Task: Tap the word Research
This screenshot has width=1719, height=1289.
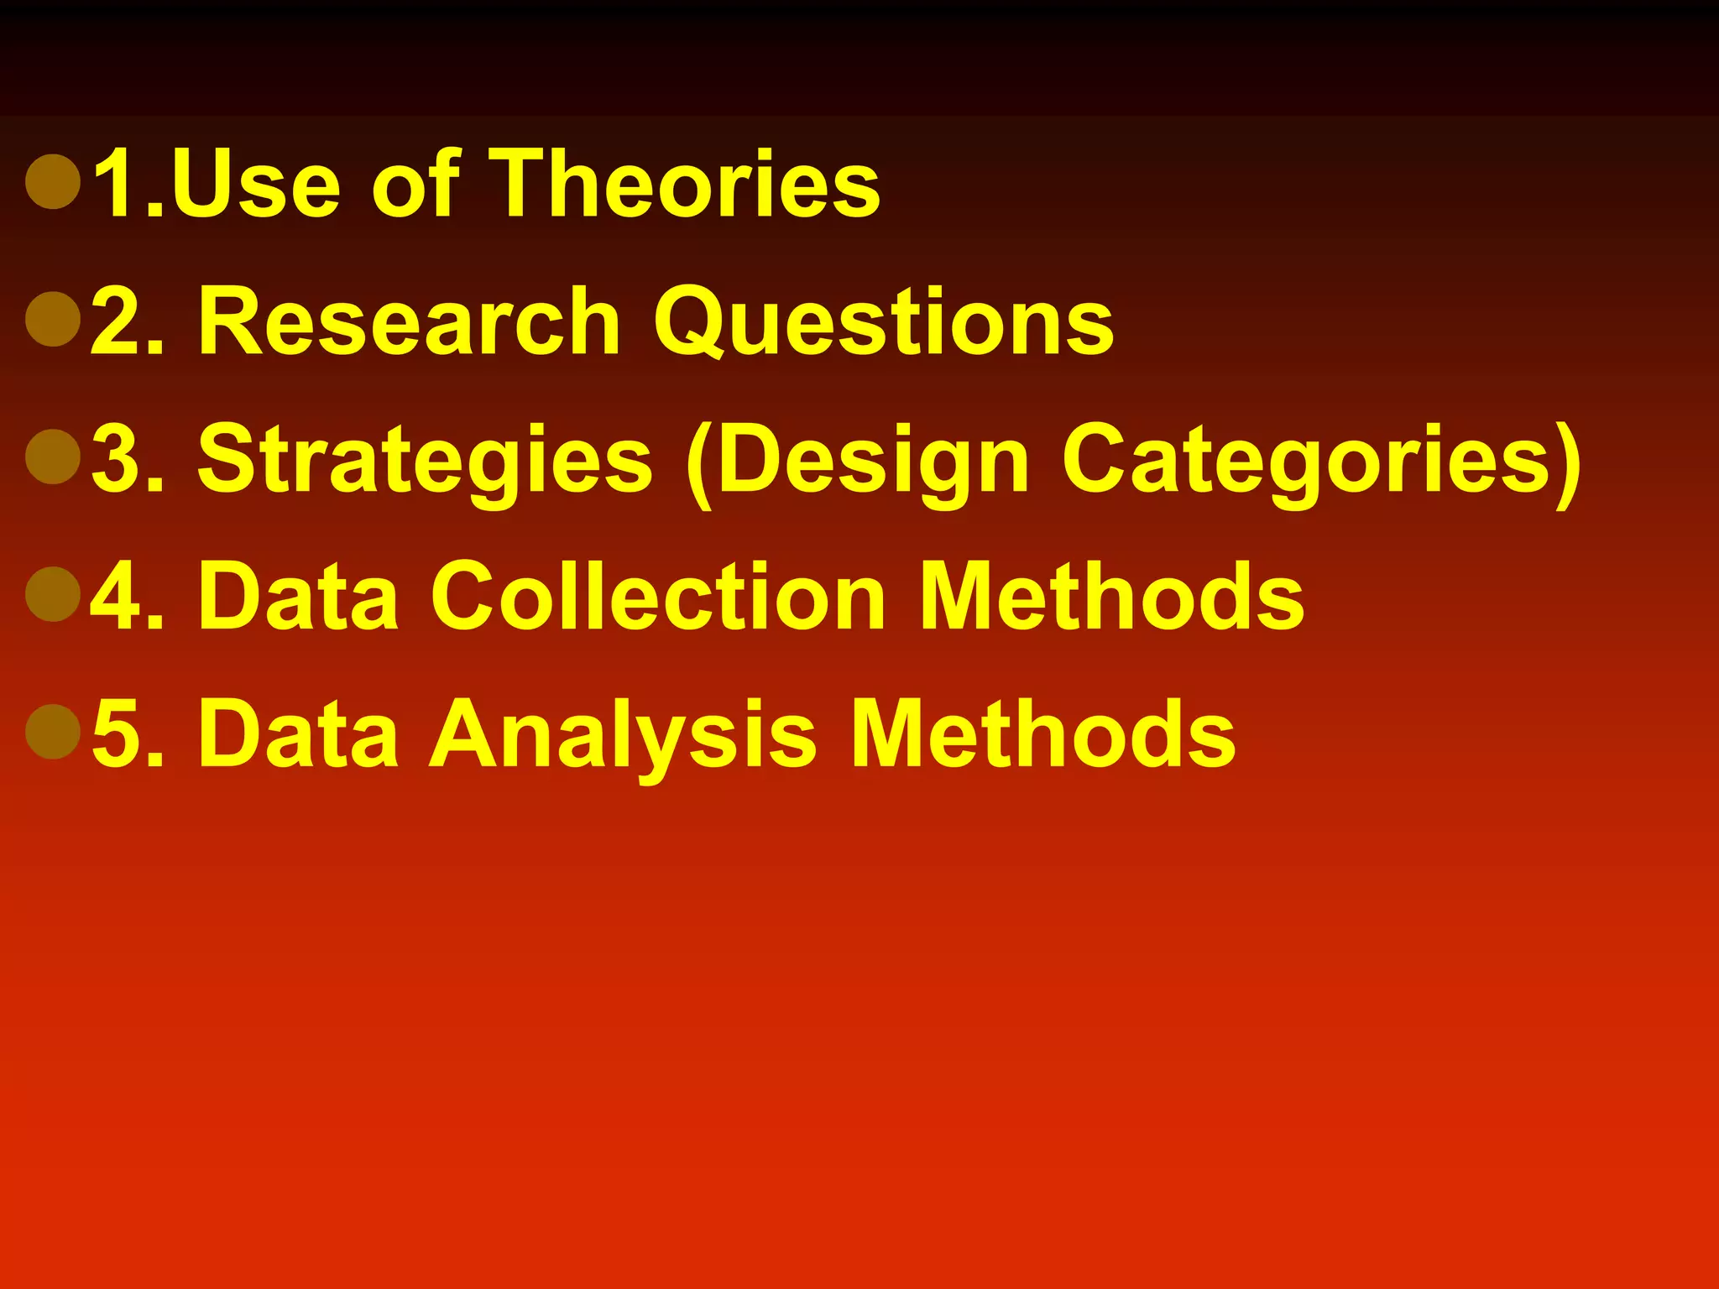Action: tap(410, 321)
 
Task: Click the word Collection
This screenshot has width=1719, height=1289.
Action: tap(659, 596)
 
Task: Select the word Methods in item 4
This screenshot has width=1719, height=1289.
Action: tap(1112, 596)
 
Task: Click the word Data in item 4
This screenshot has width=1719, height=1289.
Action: tap(298, 596)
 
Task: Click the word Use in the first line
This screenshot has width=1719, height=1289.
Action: tap(256, 183)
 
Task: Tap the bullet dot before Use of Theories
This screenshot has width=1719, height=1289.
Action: tap(53, 181)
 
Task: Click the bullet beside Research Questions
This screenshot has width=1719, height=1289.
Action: tap(53, 319)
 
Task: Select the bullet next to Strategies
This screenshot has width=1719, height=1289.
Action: tap(53, 457)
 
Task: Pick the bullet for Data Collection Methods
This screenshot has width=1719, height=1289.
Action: tap(53, 594)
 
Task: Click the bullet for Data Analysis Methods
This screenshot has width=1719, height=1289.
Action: tap(53, 732)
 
